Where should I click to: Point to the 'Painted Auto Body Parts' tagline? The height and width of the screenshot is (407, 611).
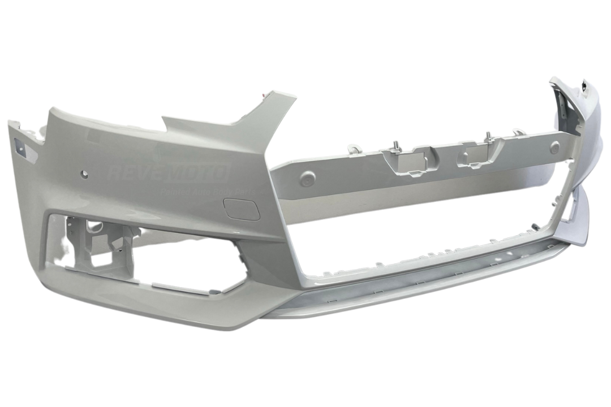click(209, 192)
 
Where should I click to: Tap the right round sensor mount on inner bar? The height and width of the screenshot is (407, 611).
click(554, 147)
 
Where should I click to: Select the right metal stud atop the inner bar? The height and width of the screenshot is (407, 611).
click(487, 136)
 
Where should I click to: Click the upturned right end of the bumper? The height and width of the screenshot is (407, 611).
click(571, 96)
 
